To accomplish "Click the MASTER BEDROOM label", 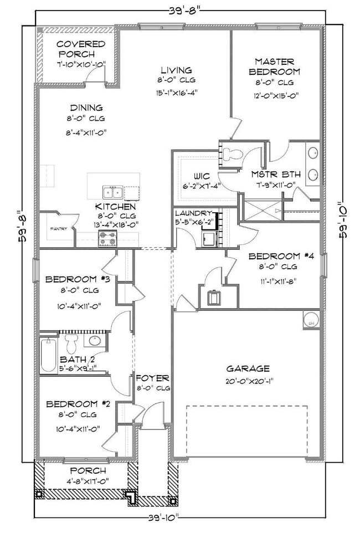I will [274, 66].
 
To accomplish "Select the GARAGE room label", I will [248, 368].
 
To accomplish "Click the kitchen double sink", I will [112, 193].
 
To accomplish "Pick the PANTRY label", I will [59, 228].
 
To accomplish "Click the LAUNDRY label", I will [193, 213].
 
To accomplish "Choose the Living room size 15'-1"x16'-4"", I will [176, 93].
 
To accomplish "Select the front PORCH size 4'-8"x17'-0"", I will [85, 481].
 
